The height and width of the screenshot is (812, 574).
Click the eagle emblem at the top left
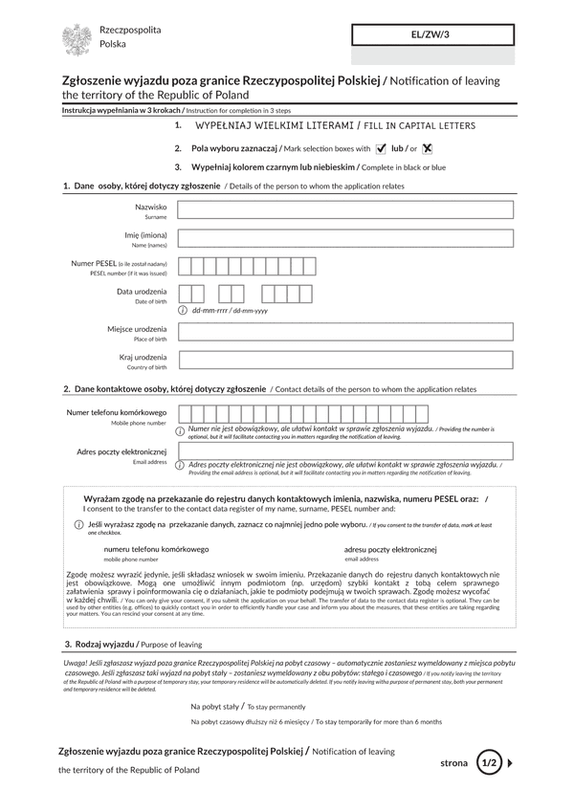tap(77, 39)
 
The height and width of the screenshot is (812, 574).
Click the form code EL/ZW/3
tap(432, 34)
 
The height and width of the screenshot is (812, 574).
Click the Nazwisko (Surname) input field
tap(345, 210)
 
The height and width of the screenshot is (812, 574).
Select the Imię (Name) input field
tap(345, 239)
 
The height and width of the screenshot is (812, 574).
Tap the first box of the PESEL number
tap(186, 267)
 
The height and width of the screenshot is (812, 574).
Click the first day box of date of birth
tap(186, 295)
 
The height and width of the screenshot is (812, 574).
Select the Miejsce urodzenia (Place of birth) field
tap(345, 333)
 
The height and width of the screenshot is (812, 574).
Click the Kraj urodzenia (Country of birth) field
tap(345, 361)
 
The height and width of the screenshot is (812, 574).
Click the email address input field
tap(345, 450)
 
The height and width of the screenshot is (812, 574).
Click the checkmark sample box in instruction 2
tap(382, 148)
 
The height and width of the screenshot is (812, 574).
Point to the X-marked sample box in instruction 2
tap(428, 148)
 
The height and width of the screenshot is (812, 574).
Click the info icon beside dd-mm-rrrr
tap(183, 311)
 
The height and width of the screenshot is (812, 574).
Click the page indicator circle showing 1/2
tap(489, 762)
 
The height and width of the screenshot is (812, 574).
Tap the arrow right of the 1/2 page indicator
tap(511, 762)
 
